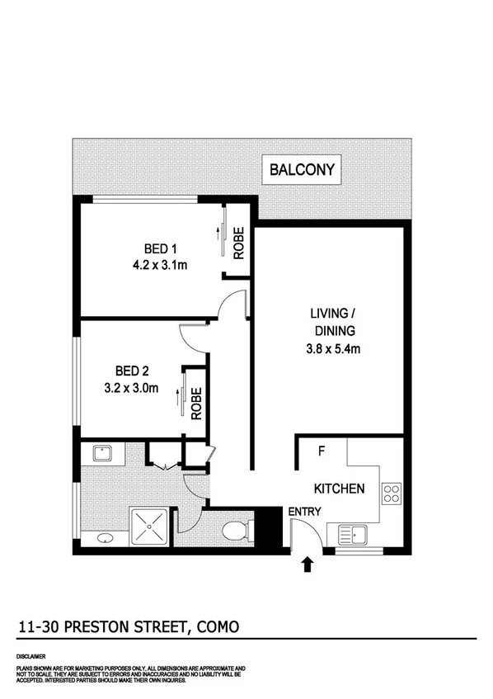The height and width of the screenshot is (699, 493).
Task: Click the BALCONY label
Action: [303, 171]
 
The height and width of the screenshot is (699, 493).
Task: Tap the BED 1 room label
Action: [162, 249]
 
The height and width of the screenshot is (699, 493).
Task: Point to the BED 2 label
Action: [133, 371]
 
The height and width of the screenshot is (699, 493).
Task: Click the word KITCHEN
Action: [338, 489]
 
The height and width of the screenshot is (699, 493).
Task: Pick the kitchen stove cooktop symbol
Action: [391, 494]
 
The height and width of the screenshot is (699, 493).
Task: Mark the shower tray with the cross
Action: [151, 526]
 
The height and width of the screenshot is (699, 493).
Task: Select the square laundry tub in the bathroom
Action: [103, 452]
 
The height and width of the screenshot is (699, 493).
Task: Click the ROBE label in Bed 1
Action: [237, 243]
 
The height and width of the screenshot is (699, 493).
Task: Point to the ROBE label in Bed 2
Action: [196, 404]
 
